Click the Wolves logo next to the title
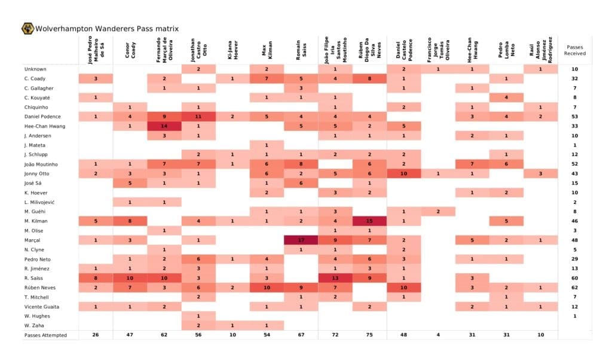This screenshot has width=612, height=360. coord(27,28)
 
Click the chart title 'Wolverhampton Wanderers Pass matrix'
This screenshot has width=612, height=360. coord(106,29)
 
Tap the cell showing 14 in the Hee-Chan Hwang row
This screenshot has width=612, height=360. coord(164,126)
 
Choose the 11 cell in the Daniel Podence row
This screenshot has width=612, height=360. coord(198,116)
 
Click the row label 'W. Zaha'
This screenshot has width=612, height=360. coord(34,325)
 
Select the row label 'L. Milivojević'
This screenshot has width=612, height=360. coord(39,202)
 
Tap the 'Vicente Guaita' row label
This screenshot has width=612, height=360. coord(41,306)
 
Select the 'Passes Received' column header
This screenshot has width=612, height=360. coord(575,50)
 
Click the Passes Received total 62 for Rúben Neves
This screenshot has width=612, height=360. coord(575,288)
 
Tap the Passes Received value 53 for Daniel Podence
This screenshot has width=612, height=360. coord(575,116)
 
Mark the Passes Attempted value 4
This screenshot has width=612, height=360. coord(437,335)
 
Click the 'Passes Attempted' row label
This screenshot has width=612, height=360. coord(45,335)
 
